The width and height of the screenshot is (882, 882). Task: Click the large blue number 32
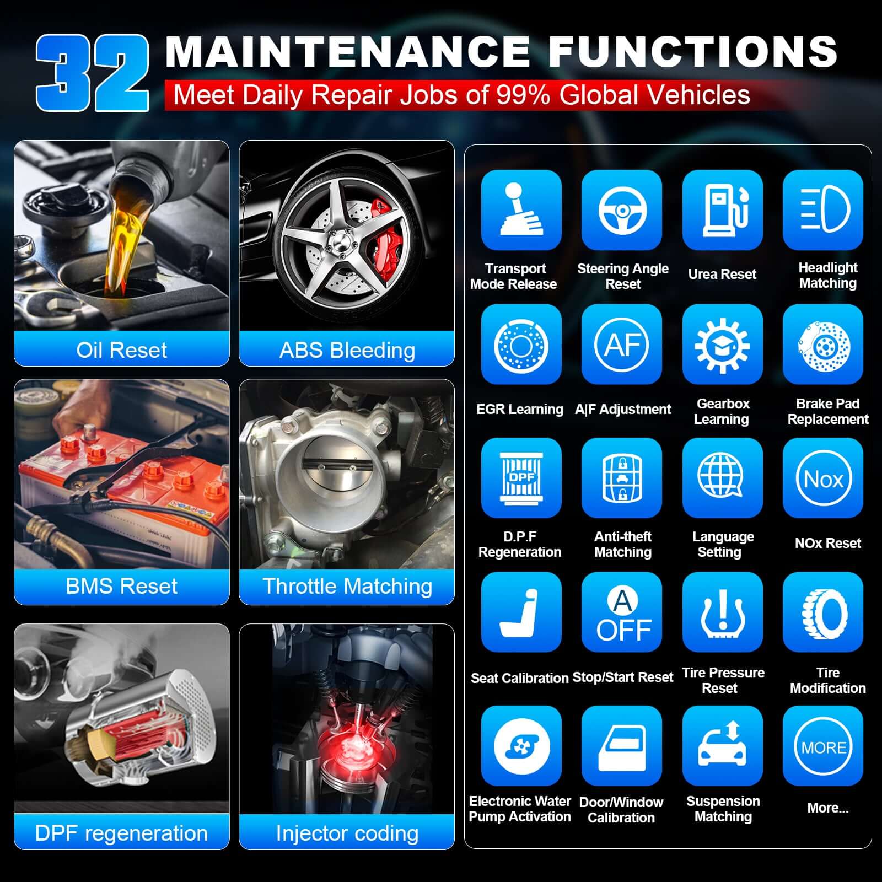click(x=93, y=73)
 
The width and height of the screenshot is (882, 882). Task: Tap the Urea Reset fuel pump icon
click(x=722, y=209)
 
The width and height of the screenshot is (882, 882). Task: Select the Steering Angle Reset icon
click(x=622, y=209)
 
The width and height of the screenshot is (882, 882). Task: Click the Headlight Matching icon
click(x=823, y=209)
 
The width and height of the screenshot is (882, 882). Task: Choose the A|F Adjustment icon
click(x=622, y=344)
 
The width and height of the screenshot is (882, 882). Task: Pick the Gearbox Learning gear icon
click(x=722, y=344)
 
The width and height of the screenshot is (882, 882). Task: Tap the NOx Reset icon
click(x=823, y=478)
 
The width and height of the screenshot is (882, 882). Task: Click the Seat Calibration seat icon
click(x=521, y=612)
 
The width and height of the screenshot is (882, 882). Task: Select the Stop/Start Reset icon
click(x=622, y=612)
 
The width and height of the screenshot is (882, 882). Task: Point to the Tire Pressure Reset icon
click(x=722, y=612)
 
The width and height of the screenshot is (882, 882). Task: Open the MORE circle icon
click(x=823, y=746)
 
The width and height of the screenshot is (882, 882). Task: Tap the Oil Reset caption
click(x=121, y=350)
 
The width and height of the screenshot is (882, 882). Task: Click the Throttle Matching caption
click(x=347, y=586)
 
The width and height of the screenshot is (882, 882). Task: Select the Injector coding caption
click(x=347, y=833)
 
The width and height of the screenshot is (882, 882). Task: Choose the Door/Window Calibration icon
click(x=622, y=746)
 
